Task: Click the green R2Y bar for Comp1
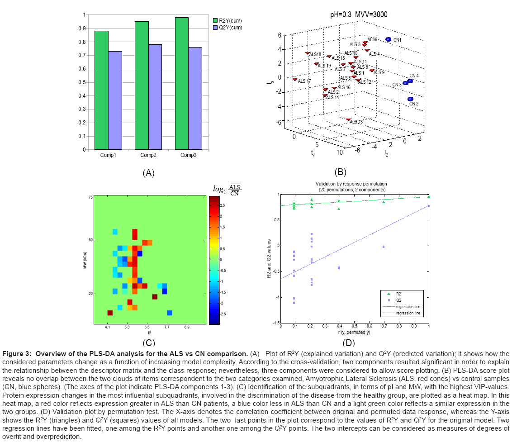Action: point(102,90)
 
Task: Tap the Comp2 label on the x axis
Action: point(149,155)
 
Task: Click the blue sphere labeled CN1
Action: point(388,40)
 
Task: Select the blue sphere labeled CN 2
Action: point(410,99)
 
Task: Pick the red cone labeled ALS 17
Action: point(295,80)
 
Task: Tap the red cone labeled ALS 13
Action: point(348,119)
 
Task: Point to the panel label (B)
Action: point(340,172)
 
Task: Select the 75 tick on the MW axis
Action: point(90,197)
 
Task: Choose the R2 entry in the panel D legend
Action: point(398,294)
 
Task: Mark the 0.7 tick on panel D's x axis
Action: point(384,326)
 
